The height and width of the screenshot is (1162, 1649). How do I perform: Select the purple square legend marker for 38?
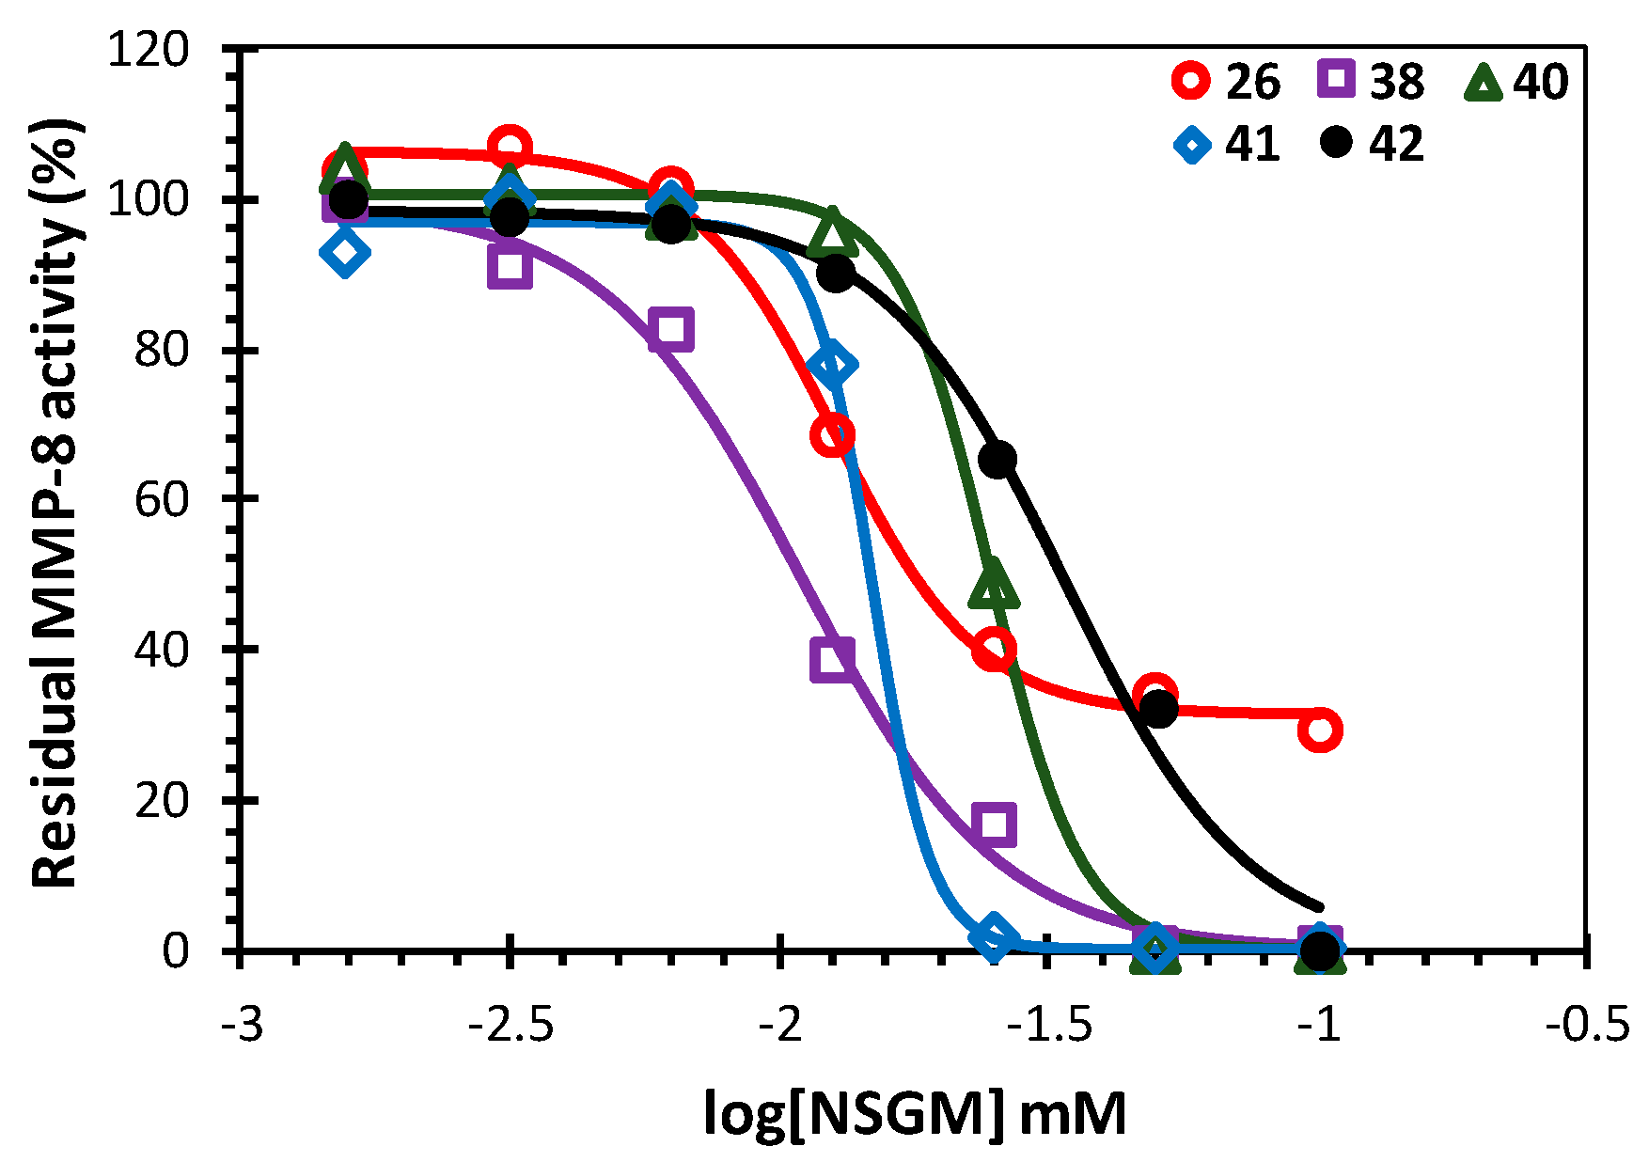1336,80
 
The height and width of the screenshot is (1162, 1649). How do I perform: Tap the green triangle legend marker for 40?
1484,82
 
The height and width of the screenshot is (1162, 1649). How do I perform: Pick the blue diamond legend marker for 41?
1192,144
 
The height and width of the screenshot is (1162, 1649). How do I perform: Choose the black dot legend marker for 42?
1335,143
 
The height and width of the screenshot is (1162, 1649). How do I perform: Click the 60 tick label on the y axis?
161,499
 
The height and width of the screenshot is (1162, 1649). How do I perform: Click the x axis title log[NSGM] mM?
915,1115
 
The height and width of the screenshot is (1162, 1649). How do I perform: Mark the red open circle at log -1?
1319,730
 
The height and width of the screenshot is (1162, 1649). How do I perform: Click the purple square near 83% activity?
671,329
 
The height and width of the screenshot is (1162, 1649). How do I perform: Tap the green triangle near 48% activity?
994,586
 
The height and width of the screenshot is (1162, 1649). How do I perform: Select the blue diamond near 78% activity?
832,365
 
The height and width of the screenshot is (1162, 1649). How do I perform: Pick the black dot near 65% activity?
997,459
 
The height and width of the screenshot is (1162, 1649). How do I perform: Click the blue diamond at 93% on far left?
344,252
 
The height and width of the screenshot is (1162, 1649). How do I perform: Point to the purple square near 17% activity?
994,824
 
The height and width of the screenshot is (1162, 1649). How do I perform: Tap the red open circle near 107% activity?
510,147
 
